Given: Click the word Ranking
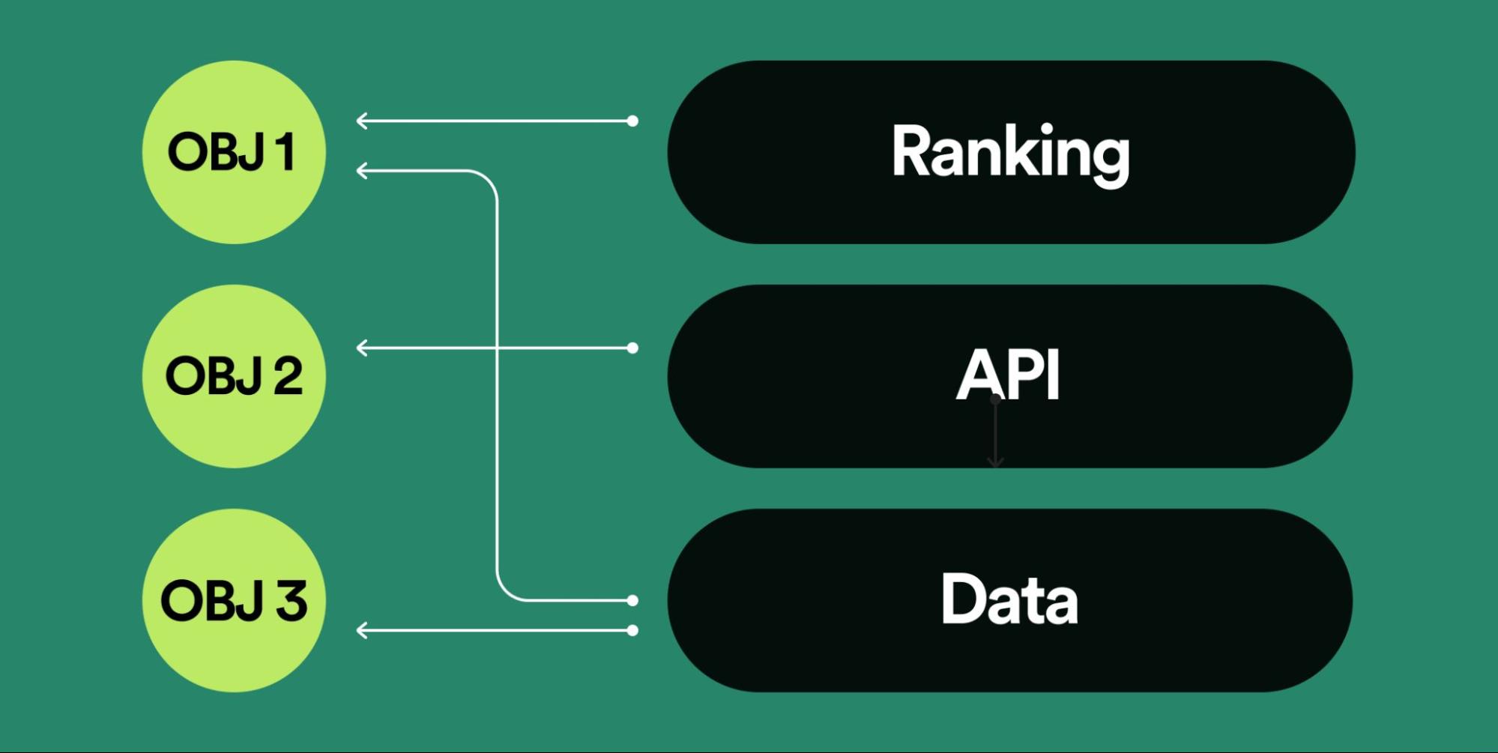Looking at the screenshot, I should pos(1010,153).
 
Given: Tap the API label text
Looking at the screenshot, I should pos(1009,375).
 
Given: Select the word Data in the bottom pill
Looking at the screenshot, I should pos(1009,599).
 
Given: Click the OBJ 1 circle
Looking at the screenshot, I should pos(234,152).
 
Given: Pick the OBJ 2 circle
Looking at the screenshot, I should pos(234,376).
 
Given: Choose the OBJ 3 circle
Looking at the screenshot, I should pos(234,600).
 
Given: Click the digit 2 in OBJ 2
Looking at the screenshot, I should pos(288,376).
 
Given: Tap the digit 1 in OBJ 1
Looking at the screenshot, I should pos(285,152).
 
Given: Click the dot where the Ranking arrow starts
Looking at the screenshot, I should pos(632,121).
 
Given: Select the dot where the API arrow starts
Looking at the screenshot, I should pos(632,348).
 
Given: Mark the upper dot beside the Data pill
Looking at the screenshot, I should pos(632,600).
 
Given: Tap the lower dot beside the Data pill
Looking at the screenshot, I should pos(632,631).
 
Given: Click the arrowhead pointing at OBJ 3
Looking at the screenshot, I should pos(362,631).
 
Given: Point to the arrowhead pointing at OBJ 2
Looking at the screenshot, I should pos(362,348).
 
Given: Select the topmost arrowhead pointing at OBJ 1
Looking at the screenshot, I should pos(362,121).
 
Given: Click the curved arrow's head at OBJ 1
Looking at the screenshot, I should pos(362,172).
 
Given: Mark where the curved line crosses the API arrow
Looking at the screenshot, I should pos(497,348).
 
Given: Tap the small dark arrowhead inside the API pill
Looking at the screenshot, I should pos(995,462).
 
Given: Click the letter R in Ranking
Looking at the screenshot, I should pos(909,152).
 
